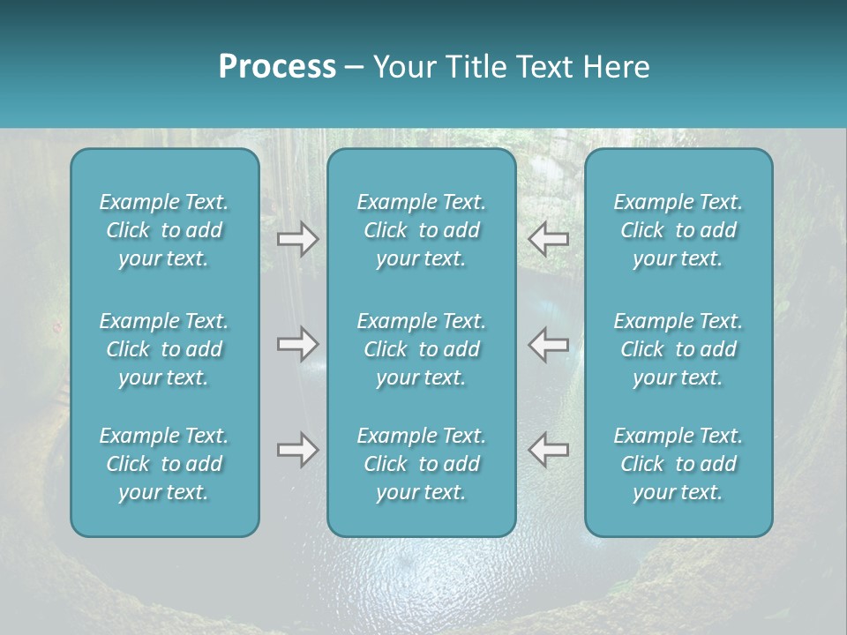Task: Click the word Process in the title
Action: click(277, 67)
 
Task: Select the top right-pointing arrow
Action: click(297, 239)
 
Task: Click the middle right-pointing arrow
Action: click(297, 344)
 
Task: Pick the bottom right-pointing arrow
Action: click(297, 450)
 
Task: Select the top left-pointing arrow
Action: click(548, 239)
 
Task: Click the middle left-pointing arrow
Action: click(548, 344)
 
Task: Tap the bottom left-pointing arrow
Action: click(548, 450)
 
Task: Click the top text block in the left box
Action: click(164, 230)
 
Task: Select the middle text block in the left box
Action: click(164, 349)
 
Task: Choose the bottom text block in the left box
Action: click(164, 464)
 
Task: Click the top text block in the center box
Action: click(422, 230)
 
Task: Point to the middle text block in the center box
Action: click(422, 349)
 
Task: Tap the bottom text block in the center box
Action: click(422, 464)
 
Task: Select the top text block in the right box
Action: click(678, 230)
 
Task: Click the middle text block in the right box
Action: click(678, 349)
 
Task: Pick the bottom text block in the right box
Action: click(678, 464)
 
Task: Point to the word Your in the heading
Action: click(402, 67)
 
